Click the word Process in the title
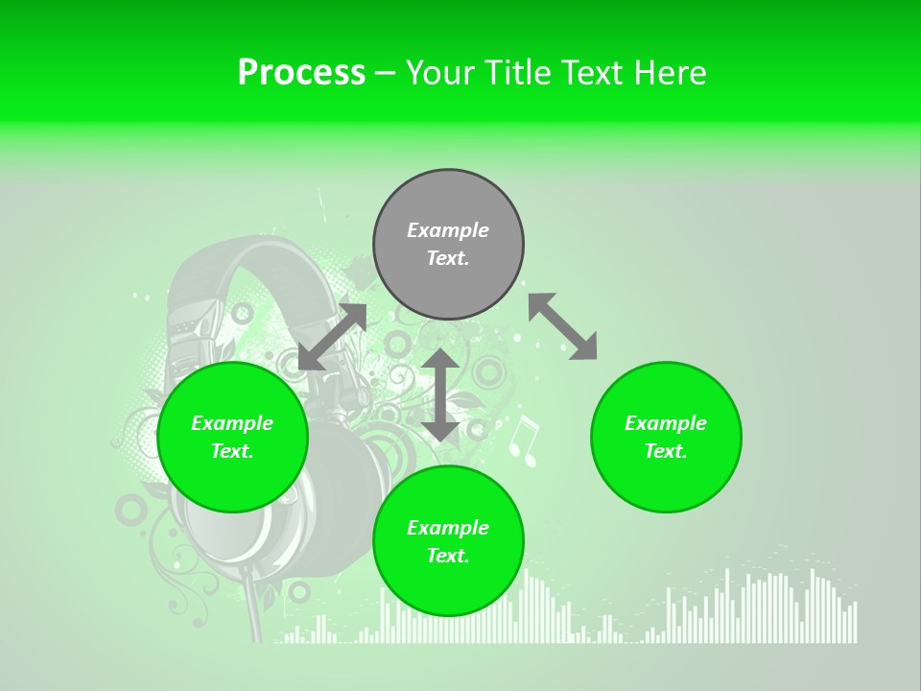(x=301, y=73)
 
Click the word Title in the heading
(x=519, y=73)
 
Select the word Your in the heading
(x=441, y=73)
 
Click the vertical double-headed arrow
(x=440, y=394)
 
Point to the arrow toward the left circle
(x=332, y=337)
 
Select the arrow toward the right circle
(x=562, y=326)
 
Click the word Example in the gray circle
(x=448, y=230)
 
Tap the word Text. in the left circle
(x=232, y=451)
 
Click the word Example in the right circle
(x=666, y=423)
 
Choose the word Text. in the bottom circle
(x=448, y=556)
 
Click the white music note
(x=523, y=441)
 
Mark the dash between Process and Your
(x=386, y=74)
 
